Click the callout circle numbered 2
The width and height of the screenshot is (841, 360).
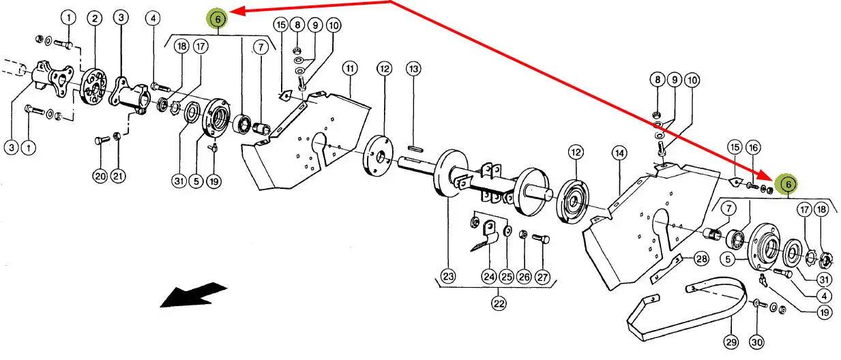pos(95,18)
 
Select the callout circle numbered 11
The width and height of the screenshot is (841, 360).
pos(350,68)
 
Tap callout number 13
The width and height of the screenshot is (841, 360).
pos(413,69)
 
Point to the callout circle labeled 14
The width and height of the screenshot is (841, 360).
pos(619,153)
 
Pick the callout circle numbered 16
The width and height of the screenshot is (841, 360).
pos(753,148)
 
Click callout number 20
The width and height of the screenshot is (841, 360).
pos(100,177)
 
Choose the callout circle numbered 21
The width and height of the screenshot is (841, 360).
pos(118,176)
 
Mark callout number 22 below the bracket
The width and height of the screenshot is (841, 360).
pos(499,303)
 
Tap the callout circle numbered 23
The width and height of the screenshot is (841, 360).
pos(449,277)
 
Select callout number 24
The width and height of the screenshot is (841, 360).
pos(489,277)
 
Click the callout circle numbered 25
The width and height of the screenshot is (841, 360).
pos(507,277)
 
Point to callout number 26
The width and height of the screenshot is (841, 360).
pos(524,277)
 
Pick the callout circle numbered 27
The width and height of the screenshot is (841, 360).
pos(543,277)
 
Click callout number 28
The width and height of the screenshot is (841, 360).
pos(701,258)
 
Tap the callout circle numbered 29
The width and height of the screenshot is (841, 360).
pos(731,342)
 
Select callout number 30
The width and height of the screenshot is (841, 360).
pos(757,342)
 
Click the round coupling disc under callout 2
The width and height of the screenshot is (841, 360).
pos(93,87)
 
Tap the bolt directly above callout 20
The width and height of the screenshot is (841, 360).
pos(102,140)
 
